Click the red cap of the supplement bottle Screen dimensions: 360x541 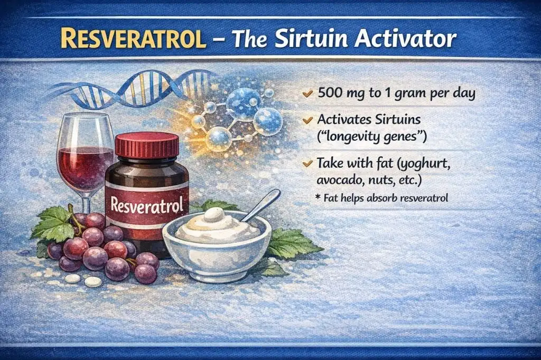147,146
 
